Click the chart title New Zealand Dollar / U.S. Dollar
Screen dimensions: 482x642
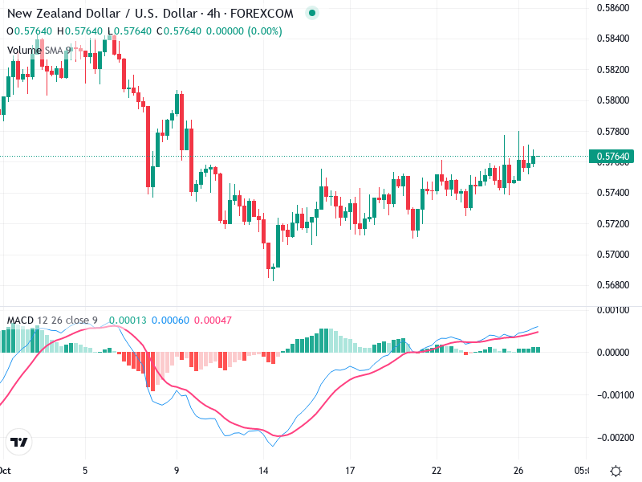102,13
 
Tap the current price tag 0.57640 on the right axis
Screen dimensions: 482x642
613,156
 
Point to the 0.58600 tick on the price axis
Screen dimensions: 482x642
613,7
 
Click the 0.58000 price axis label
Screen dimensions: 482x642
613,100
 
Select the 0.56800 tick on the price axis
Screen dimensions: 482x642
613,285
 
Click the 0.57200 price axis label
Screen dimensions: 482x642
613,223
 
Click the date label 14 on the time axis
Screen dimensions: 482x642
263,471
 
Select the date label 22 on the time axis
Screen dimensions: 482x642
437,471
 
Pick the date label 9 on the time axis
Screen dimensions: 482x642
176,471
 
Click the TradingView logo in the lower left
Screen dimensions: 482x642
18,443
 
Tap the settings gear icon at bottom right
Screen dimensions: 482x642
616,471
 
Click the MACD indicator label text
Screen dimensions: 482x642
52,321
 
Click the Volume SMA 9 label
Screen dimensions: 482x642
39,50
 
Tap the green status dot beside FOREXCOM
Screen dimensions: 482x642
312,13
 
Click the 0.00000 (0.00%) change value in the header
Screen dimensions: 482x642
242,31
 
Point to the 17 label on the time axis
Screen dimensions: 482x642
350,471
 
